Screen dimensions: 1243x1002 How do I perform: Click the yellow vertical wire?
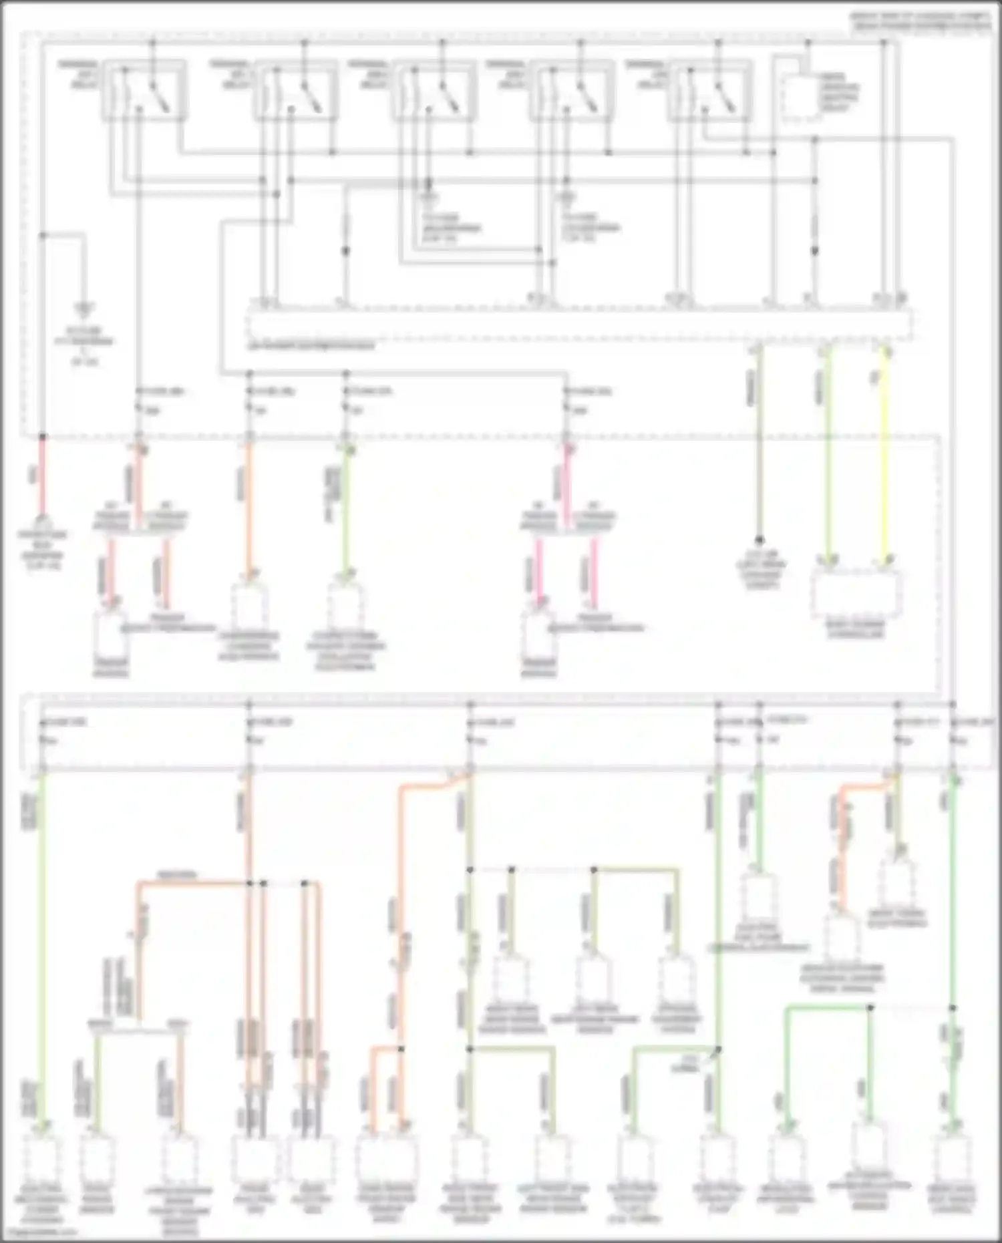click(x=886, y=454)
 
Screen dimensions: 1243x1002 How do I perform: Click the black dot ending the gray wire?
click(x=760, y=540)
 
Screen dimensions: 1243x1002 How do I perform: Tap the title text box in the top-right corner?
click(x=921, y=22)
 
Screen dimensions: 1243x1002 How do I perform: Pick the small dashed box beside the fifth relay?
click(x=801, y=99)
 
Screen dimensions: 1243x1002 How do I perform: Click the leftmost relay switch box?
click(x=144, y=90)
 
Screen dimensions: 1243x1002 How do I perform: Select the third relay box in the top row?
click(x=434, y=90)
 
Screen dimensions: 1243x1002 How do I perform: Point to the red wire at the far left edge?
click(x=42, y=474)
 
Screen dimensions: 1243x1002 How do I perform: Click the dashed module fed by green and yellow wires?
click(x=856, y=593)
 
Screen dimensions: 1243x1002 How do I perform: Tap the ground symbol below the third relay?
click(x=430, y=198)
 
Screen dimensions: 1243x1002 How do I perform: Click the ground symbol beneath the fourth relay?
click(x=567, y=198)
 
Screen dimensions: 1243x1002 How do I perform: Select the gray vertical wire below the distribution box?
click(x=759, y=454)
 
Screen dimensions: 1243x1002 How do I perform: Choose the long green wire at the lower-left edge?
click(x=42, y=948)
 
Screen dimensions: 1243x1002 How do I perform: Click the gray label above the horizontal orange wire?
click(x=177, y=874)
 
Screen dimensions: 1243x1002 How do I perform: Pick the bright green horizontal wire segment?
click(x=828, y=1007)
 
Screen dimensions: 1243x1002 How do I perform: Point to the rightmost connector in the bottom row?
click(x=952, y=1159)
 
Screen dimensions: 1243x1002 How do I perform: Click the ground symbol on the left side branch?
click(x=84, y=309)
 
